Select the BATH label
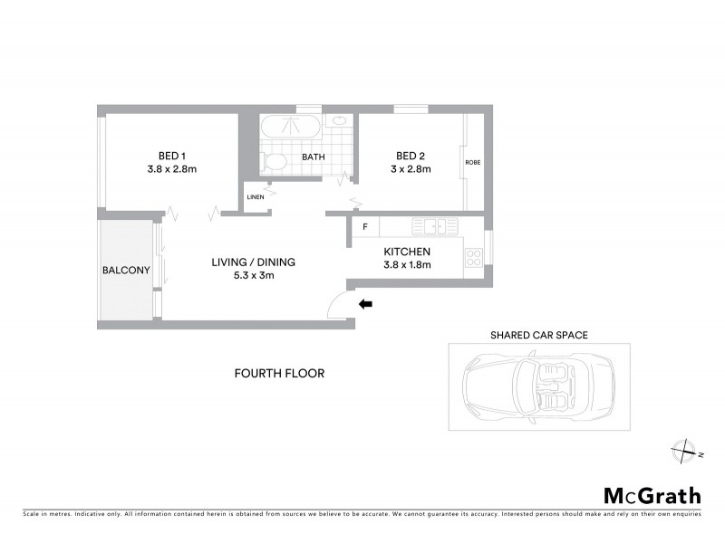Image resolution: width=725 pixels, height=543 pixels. click(x=314, y=157)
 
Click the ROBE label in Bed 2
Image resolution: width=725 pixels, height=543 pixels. click(x=472, y=163)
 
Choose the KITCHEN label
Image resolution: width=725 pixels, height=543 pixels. click(x=406, y=252)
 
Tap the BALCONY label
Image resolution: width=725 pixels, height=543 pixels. click(x=126, y=270)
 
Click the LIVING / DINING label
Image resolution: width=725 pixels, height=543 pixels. click(x=253, y=262)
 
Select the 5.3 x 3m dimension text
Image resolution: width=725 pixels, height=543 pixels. click(x=253, y=276)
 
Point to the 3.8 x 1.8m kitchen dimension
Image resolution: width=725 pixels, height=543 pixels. click(x=406, y=265)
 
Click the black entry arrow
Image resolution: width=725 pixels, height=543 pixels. click(x=366, y=304)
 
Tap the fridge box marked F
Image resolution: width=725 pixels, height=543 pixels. click(x=365, y=226)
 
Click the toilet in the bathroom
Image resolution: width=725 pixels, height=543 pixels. click(x=274, y=162)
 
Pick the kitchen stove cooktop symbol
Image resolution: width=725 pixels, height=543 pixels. click(x=472, y=258)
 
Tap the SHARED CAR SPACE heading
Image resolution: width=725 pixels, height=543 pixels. click(x=538, y=335)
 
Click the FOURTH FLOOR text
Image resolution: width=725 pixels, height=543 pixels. click(x=279, y=373)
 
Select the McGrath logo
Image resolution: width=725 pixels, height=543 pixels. click(x=652, y=495)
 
